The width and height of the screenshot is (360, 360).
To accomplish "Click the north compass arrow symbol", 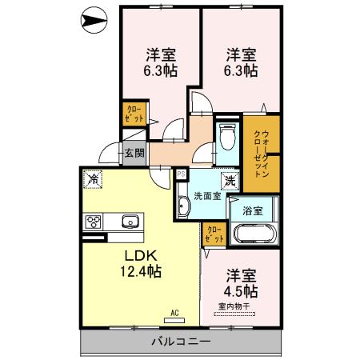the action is tap(94, 20).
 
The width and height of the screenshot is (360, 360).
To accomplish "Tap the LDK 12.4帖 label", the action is tap(141, 264).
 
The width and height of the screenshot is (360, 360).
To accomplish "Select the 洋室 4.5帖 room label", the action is tap(241, 283).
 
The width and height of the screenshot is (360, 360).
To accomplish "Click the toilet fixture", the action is tap(227, 137).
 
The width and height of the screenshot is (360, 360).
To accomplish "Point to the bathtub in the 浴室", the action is tap(254, 234).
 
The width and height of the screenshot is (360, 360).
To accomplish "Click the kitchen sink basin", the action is tap(130, 222).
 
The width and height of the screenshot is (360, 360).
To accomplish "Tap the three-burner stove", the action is tap(93, 222).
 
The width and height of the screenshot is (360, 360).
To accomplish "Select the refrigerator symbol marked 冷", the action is tap(93, 179).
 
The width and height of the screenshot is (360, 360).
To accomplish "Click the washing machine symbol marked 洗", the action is tap(230, 182).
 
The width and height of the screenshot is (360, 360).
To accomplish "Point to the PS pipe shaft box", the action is tap(182, 174).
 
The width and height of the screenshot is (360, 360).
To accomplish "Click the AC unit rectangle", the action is tap(174, 321).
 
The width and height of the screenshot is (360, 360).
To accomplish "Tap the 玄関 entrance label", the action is tap(134, 153).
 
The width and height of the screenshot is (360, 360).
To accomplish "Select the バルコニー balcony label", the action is tap(181, 342).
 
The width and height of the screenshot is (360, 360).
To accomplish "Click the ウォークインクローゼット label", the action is tap(262, 154).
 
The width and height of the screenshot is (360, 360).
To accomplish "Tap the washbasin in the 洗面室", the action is tap(183, 206).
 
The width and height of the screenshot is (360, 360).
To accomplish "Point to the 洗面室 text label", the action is tap(207, 196).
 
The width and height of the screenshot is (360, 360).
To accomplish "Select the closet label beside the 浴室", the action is tap(214, 234).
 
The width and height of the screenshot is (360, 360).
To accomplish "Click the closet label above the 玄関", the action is tap(134, 114).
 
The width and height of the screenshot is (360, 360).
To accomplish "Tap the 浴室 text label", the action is tap(253, 211).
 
